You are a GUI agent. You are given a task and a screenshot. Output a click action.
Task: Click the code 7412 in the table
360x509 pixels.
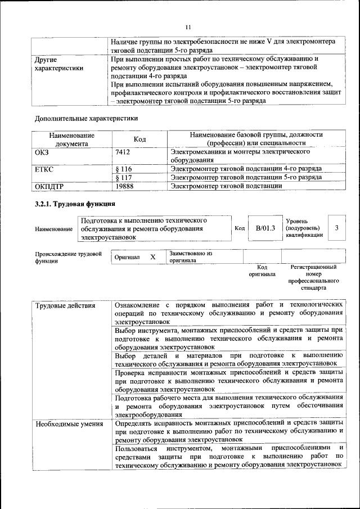coord(123,152)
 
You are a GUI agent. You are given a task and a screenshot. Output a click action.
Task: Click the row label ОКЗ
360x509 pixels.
coord(42,152)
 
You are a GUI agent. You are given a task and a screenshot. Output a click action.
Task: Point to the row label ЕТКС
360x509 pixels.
coord(44,169)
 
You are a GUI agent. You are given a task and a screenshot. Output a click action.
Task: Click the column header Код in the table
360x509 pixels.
coord(139,139)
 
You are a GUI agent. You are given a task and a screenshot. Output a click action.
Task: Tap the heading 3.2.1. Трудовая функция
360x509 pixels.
coord(75,203)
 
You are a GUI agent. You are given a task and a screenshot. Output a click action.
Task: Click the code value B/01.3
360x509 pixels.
coord(265,228)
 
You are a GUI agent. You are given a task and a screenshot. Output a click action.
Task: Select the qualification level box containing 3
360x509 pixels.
coord(336,228)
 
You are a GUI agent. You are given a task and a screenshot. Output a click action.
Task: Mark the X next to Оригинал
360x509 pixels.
coord(152,256)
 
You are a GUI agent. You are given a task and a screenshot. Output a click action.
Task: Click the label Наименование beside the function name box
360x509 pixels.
coord(53,229)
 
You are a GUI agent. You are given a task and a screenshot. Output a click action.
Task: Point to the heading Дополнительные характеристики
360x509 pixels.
coord(86,118)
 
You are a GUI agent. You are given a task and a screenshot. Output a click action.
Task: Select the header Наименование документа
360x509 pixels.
coord(71,139)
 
